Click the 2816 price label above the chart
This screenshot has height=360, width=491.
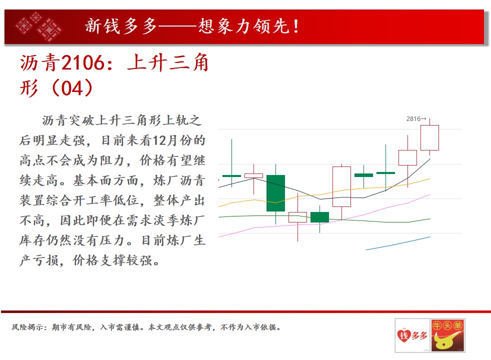point(413,119)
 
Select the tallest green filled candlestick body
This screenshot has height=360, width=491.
point(275,193)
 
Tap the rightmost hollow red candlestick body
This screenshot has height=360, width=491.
point(429,137)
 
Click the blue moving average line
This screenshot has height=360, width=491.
point(397,243)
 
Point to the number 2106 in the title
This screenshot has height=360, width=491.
point(82,62)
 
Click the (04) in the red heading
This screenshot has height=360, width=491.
point(72,88)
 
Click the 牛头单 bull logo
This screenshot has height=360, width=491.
point(447,335)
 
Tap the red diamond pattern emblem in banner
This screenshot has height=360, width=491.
point(38,26)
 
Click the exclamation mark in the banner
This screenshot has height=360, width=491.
point(295,26)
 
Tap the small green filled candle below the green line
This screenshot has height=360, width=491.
point(319,217)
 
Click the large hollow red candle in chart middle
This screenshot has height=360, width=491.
point(341,186)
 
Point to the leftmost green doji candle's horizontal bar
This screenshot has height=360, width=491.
point(231,176)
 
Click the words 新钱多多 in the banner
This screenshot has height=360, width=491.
point(121,26)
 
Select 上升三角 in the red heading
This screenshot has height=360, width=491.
point(168,62)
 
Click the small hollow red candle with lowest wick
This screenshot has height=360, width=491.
point(297,217)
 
